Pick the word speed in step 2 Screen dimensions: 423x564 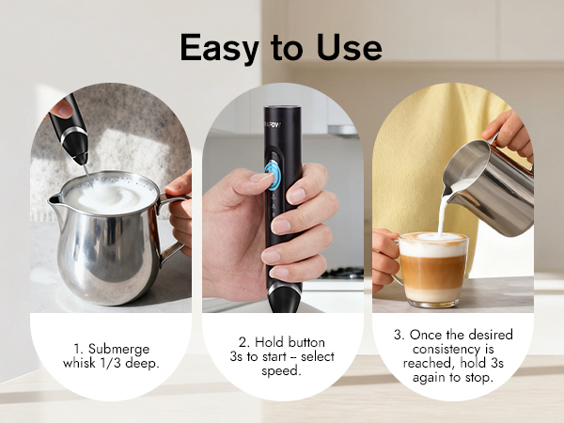click(282, 371)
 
